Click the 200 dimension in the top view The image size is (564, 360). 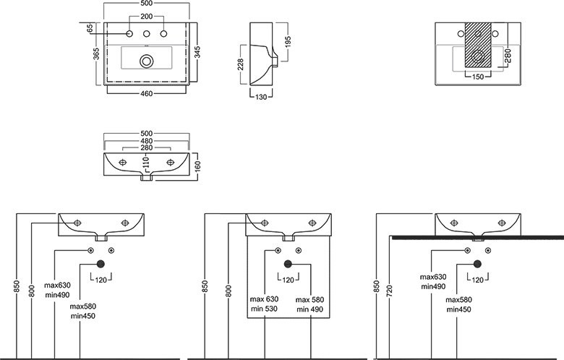tap(147, 17)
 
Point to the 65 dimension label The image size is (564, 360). tap(90, 29)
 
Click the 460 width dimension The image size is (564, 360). tap(147, 94)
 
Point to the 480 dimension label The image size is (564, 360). tap(147, 141)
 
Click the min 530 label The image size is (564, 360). tap(263, 309)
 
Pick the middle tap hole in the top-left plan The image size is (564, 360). tap(147, 35)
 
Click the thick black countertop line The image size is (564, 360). tap(477, 236)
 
